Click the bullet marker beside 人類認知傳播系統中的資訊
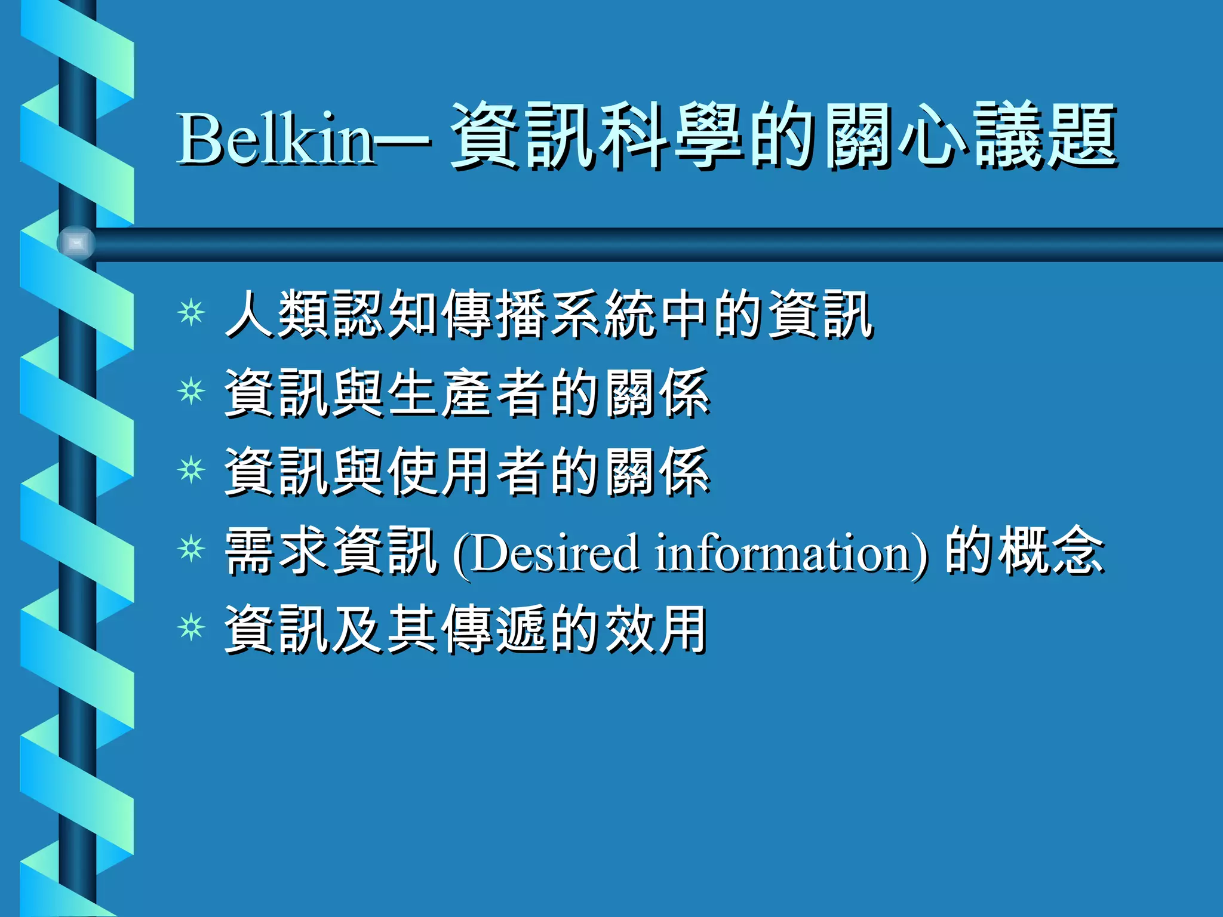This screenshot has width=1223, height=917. (191, 312)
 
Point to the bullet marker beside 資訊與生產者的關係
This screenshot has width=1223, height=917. (191, 392)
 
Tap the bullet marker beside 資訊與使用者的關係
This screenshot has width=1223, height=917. (191, 470)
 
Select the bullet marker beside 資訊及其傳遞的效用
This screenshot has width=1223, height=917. (191, 628)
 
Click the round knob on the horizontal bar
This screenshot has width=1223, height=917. (76, 244)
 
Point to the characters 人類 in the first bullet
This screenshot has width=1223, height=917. (278, 314)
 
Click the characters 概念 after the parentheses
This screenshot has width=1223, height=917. (1052, 550)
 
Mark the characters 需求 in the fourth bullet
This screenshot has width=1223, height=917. (278, 550)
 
